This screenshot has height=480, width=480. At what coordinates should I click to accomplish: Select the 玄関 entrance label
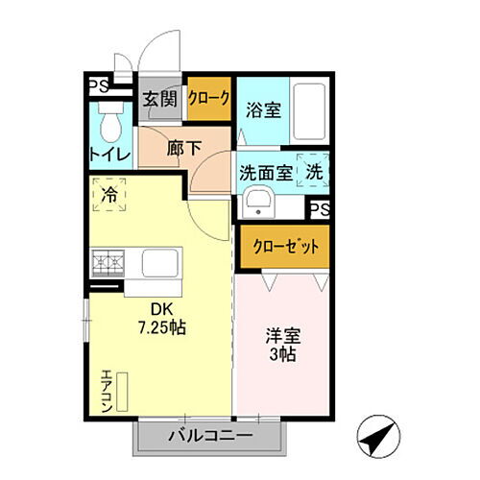click(157, 98)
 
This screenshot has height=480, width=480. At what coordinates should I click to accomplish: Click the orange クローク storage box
click(208, 98)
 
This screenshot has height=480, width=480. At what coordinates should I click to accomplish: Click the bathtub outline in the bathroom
click(310, 112)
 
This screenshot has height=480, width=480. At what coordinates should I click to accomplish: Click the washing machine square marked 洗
click(314, 172)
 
